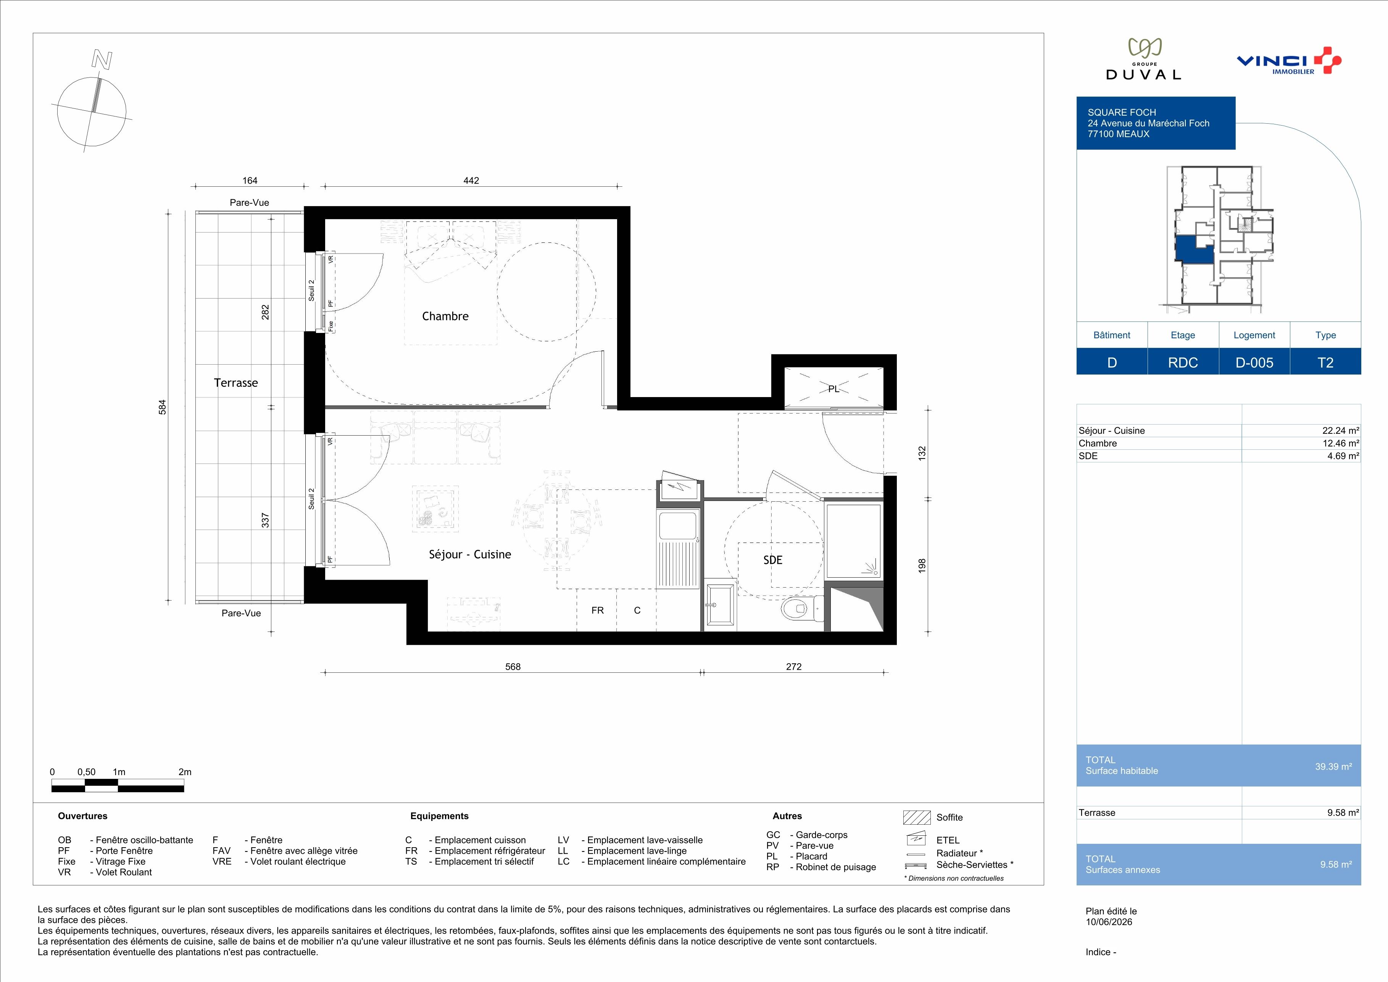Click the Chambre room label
tap(445, 316)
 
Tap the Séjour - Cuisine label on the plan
tap(470, 554)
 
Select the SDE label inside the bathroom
tap(772, 560)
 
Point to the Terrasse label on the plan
tap(236, 383)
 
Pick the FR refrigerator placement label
tap(597, 611)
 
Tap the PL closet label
tap(833, 389)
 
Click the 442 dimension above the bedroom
tap(471, 180)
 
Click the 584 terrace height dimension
tap(162, 407)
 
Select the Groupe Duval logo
tap(1143, 59)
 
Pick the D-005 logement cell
tap(1254, 362)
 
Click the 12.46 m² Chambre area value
tap(1341, 443)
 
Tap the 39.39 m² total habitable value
tap(1333, 766)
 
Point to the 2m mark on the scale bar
tap(185, 772)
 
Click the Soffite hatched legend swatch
tap(916, 817)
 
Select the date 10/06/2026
tap(1109, 922)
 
